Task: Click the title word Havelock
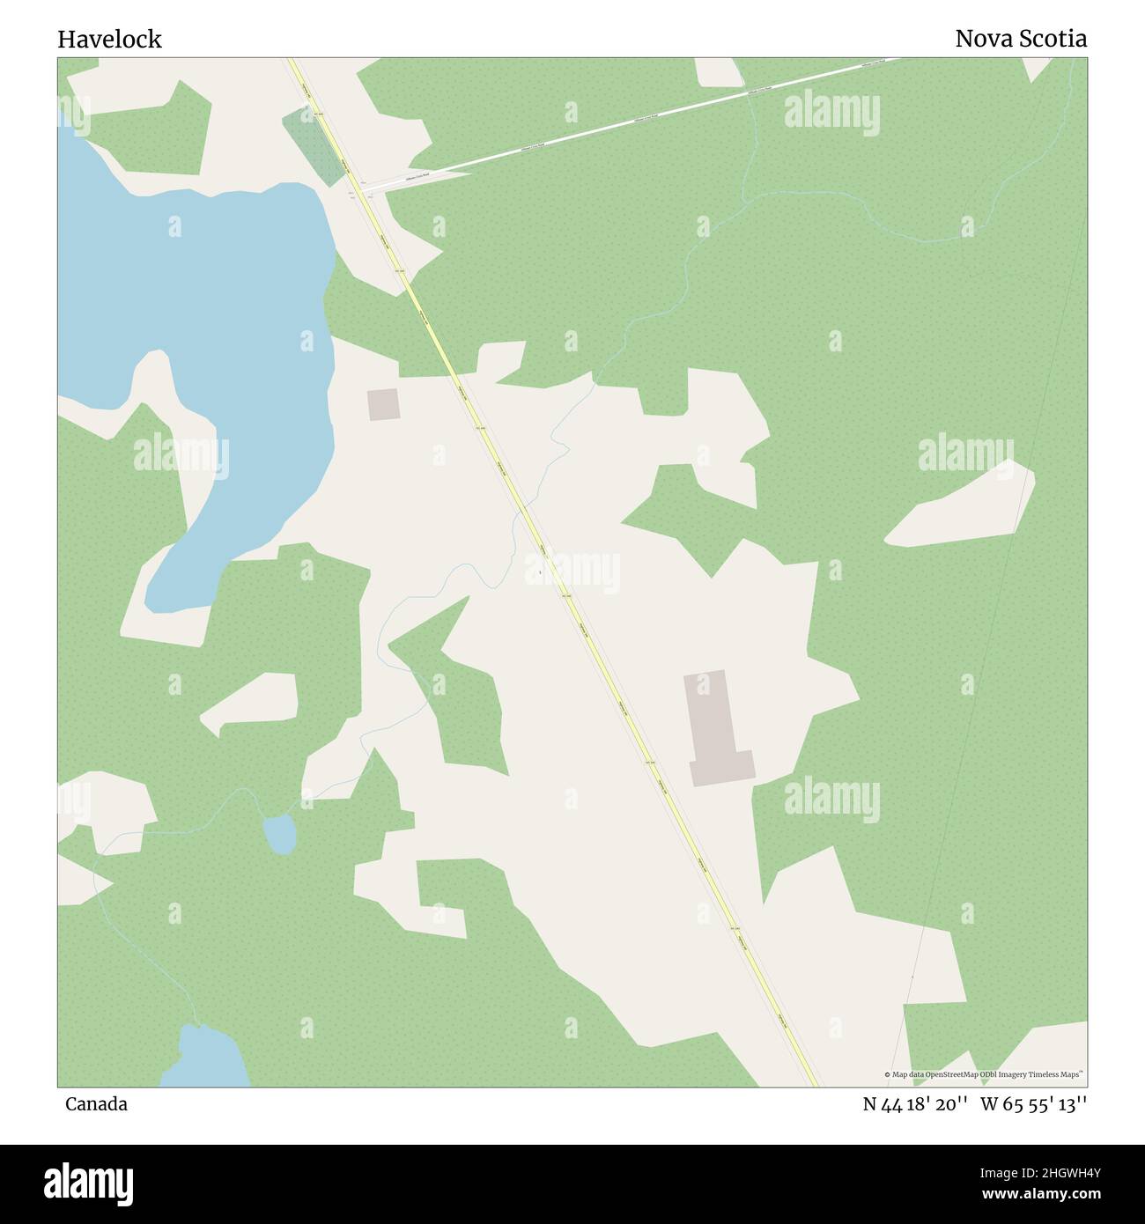tap(109, 40)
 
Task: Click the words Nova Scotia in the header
tap(1020, 40)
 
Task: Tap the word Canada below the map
tap(95, 1104)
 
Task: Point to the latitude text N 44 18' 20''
tap(916, 1104)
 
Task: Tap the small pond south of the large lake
tap(280, 833)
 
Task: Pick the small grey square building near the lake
tap(383, 405)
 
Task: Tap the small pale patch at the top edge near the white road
tap(718, 71)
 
